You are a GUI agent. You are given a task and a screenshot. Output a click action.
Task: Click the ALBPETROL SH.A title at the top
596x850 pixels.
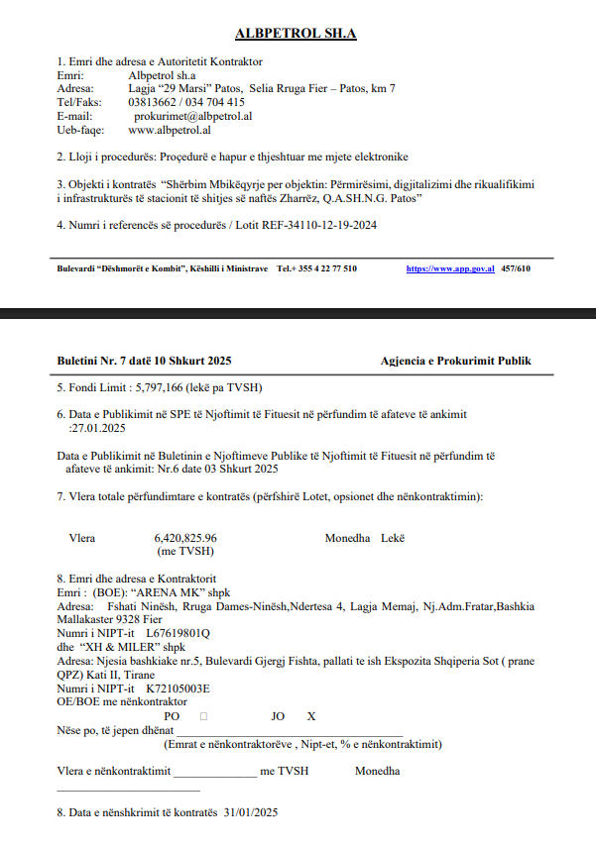point(296,34)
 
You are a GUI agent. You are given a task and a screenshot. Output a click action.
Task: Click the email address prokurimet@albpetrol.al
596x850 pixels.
point(192,116)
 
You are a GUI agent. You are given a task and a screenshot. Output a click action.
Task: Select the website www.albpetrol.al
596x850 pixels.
point(170,130)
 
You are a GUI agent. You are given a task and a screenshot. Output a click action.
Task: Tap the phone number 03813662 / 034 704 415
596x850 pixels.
point(186,102)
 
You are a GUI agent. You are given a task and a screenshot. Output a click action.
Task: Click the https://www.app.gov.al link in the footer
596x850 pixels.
point(450,268)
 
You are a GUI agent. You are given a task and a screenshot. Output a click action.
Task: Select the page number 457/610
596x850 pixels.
point(516,268)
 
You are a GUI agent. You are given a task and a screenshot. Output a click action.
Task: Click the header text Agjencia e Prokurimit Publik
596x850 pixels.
point(455,361)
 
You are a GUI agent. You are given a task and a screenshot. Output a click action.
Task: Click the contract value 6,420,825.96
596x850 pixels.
point(185,538)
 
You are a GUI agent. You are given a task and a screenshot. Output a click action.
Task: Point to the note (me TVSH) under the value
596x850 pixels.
point(185,551)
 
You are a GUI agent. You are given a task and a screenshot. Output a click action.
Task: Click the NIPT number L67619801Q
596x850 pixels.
point(179,631)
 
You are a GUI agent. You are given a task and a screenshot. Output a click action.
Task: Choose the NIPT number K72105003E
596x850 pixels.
point(179,688)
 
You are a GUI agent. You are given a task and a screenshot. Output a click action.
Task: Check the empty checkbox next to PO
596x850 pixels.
point(202,715)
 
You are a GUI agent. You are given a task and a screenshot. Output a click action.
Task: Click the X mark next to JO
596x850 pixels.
point(311,715)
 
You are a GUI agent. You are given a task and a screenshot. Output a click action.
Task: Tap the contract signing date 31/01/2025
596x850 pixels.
point(251,812)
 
